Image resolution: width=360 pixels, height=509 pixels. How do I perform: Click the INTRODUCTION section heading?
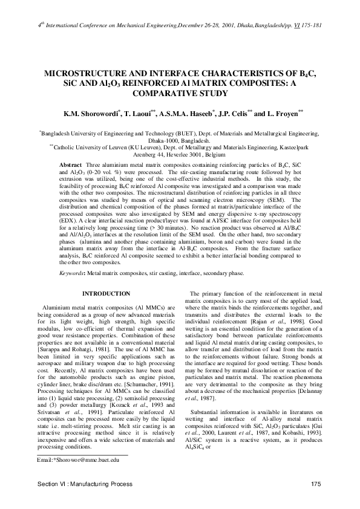(x=106, y=294)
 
